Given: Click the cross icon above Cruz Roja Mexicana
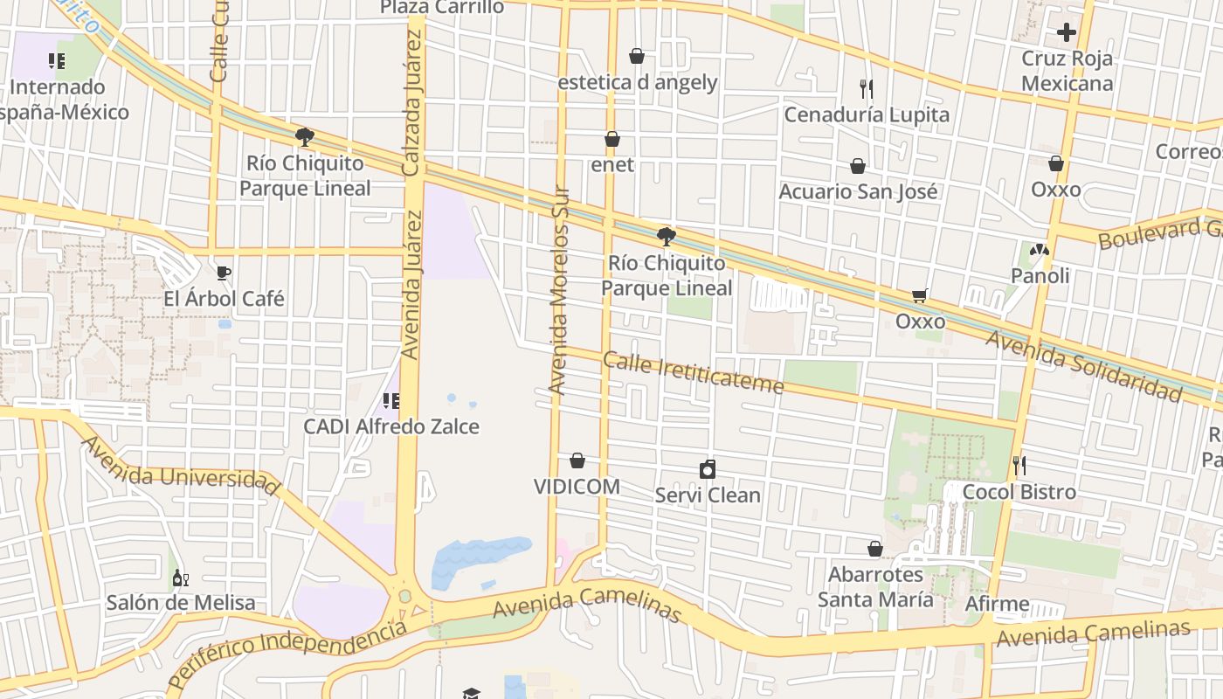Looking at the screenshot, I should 1067,32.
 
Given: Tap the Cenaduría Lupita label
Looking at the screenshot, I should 866,114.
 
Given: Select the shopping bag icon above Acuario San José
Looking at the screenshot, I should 858,166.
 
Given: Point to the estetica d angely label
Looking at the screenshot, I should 638,82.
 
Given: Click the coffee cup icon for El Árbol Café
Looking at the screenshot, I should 224,273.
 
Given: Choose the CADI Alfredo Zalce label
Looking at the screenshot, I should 390,426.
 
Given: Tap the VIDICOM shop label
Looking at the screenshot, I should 577,487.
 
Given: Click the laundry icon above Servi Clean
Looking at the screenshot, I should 708,470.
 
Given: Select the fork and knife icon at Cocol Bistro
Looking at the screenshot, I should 1019,466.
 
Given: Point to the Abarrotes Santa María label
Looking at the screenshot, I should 875,587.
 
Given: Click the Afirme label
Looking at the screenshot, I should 997,604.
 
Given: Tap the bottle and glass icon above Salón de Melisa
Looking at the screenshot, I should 181,578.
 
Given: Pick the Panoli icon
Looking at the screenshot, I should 1040,250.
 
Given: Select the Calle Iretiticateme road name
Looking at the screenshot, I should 693,373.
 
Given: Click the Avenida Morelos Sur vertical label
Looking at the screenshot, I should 558,290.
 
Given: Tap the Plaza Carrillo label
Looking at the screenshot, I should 442,8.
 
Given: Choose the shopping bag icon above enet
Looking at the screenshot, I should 612,139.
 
